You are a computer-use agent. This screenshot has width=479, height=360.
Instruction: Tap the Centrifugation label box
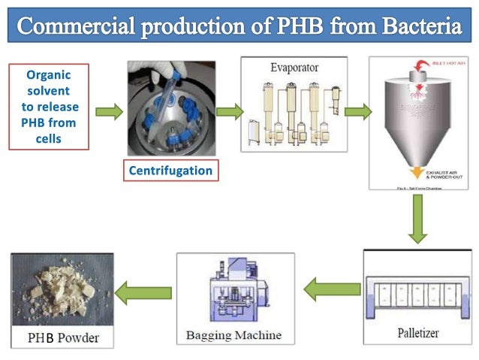[170, 171]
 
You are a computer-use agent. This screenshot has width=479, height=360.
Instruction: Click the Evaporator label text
[294, 67]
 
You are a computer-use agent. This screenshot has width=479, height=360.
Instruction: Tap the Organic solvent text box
[49, 107]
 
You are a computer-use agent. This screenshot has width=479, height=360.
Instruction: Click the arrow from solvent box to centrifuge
[109, 112]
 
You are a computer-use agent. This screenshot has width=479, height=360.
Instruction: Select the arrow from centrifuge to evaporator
[229, 112]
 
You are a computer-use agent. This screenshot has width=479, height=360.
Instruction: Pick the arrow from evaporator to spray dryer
[357, 112]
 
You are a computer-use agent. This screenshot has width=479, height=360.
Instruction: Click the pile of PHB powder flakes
[60, 290]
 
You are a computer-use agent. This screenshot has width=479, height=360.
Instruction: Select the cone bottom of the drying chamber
[417, 153]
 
